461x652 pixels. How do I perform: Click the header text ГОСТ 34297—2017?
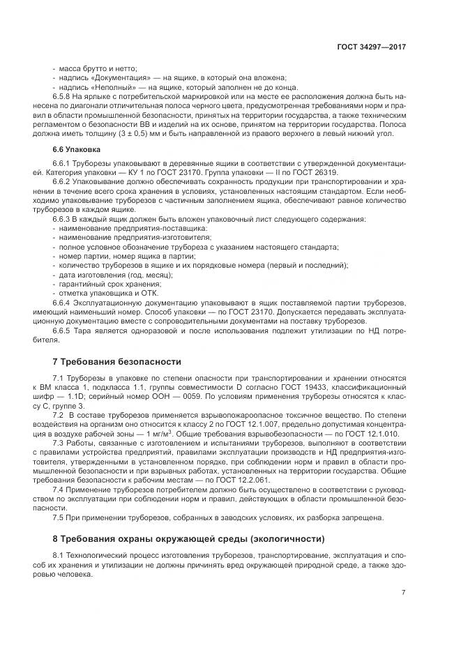(x=372, y=46)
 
